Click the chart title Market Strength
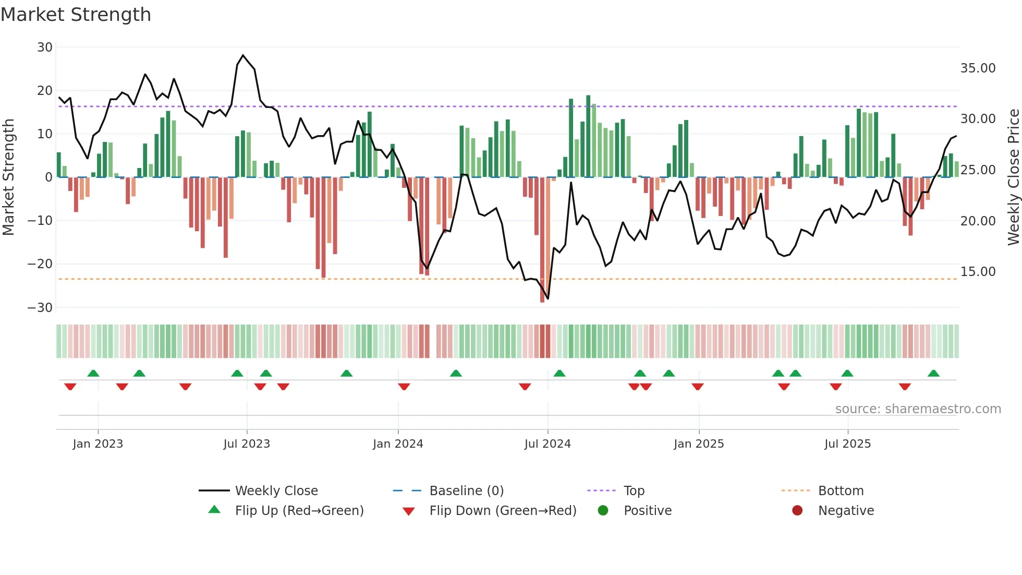[76, 15]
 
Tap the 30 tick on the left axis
[45, 47]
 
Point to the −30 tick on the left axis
[40, 308]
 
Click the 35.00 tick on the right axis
[978, 68]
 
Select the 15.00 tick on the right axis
[978, 272]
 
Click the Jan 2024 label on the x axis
[398, 444]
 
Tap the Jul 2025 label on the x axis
[847, 444]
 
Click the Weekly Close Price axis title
[1013, 177]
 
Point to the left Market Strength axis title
[9, 177]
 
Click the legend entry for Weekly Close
[276, 491]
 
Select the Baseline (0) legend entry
[466, 491]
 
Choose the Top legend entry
[634, 491]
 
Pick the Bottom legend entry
[841, 491]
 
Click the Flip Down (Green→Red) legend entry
[502, 511]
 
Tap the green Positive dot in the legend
[603, 511]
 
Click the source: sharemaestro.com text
[918, 409]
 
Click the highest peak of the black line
[243, 55]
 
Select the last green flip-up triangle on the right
[933, 374]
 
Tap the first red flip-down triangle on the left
[70, 387]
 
